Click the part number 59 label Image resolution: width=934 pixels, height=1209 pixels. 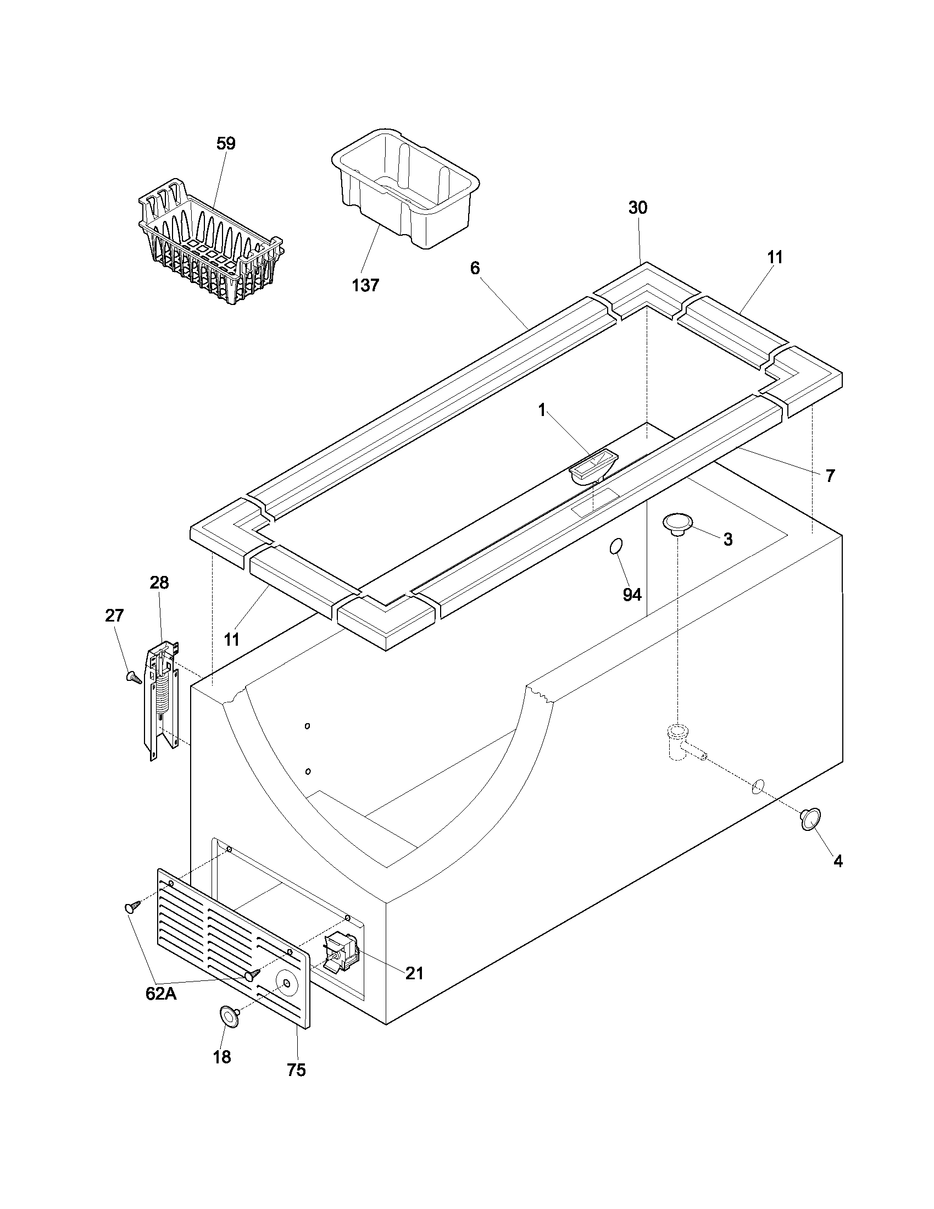(225, 143)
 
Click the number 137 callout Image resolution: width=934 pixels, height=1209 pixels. (365, 285)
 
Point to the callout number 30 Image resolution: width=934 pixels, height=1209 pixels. (637, 208)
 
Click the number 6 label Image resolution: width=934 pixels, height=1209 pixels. (475, 269)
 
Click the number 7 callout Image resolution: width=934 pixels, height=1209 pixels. (830, 475)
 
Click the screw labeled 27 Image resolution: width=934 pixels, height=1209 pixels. (134, 676)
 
